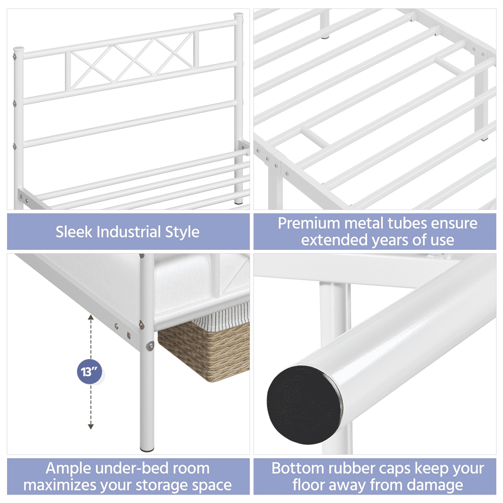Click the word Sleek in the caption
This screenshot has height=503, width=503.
point(74,232)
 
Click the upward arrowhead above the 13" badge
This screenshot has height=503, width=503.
point(91,317)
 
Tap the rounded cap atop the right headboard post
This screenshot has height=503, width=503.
point(238,16)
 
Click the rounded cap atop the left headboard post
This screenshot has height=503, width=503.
point(18,50)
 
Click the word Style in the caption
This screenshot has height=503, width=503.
point(183,232)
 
